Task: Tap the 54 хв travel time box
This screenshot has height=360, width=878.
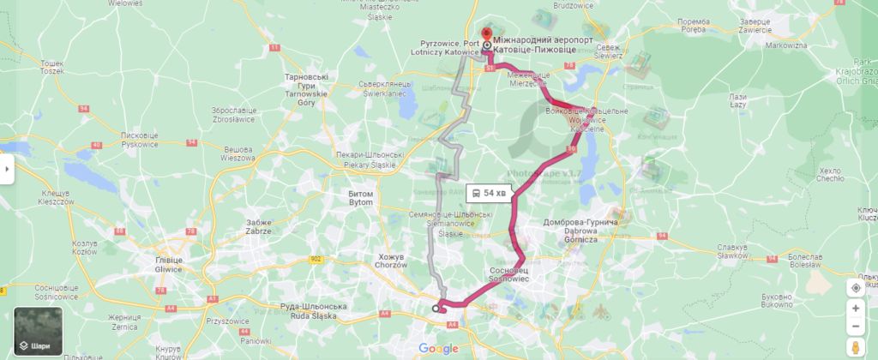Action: coord(490,193)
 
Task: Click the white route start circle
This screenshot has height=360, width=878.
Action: coord(436,308)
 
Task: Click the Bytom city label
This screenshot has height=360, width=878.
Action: coord(361,198)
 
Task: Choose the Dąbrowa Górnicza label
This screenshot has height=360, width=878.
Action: coord(580,231)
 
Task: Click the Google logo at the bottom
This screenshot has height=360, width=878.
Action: coord(438,349)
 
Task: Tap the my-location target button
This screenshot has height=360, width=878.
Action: coord(856,287)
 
